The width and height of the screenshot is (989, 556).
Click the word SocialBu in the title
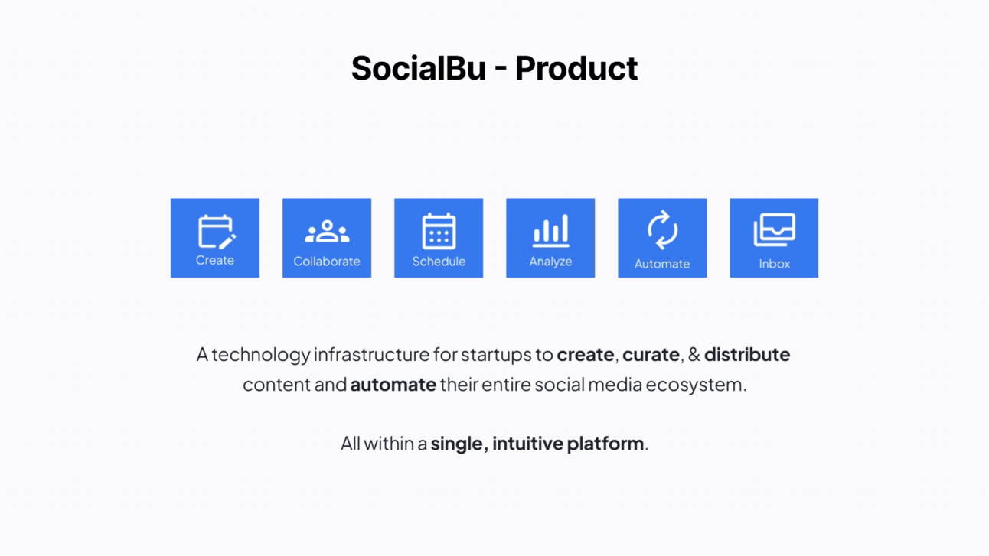[419, 68]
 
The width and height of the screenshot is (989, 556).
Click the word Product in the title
[576, 68]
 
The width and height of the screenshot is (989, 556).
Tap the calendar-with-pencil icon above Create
[217, 232]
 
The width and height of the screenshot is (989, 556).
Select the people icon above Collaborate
[327, 231]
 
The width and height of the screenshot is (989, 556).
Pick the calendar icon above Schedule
[439, 231]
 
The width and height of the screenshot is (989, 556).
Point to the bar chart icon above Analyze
[550, 231]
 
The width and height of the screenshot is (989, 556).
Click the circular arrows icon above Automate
[662, 230]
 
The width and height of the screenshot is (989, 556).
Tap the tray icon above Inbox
[775, 229]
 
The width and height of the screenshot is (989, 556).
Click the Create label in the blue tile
[215, 260]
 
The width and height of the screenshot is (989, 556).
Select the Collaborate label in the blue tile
[327, 262]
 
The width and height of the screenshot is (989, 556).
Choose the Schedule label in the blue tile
[439, 262]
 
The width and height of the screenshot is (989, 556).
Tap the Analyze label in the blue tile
[550, 262]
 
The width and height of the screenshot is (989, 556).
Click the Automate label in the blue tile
[662, 264]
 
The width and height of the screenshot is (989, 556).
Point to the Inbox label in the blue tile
[775, 264]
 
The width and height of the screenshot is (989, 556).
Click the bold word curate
[651, 355]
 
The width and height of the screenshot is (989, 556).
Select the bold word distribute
[747, 354]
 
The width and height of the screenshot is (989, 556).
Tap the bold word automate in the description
[393, 385]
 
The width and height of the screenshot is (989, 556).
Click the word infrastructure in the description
[371, 354]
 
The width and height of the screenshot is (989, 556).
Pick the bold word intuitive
[527, 444]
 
